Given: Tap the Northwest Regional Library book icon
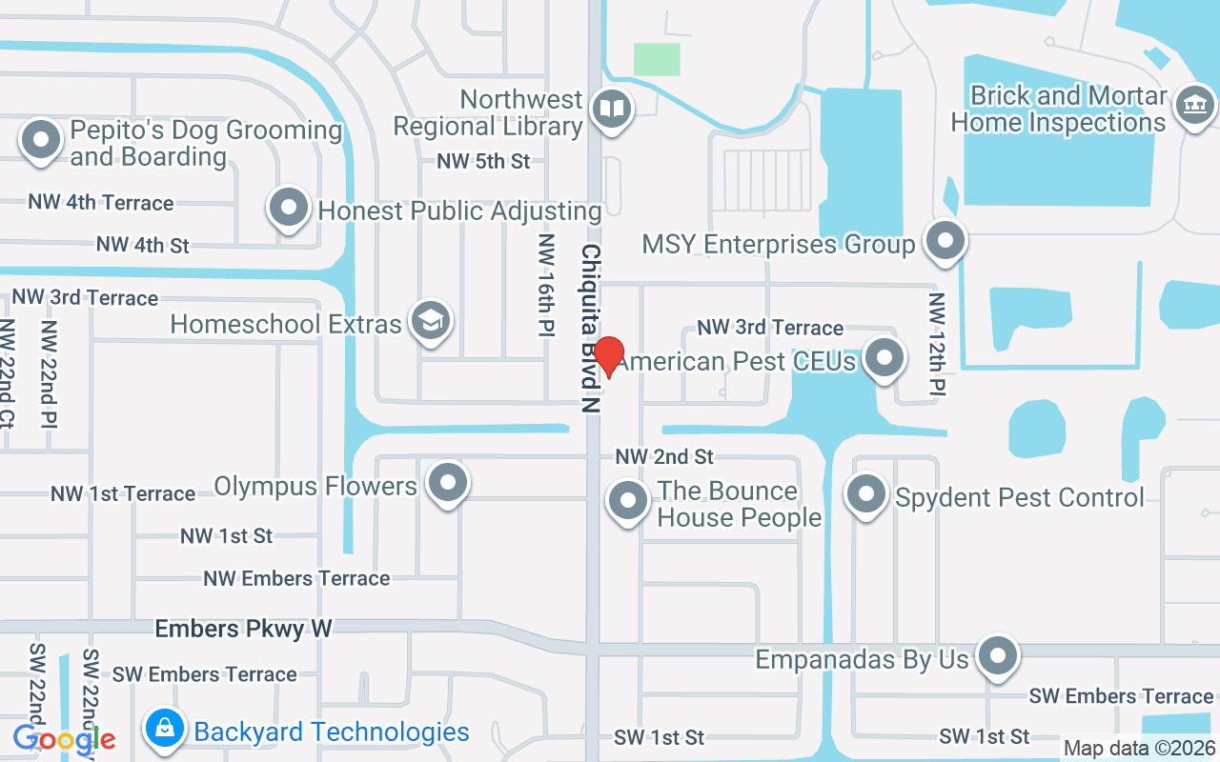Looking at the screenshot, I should pyautogui.click(x=611, y=110).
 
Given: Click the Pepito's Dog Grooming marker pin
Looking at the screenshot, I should pyautogui.click(x=41, y=140).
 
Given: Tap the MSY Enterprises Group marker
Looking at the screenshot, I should pyautogui.click(x=945, y=241).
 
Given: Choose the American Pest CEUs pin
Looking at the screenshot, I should pyautogui.click(x=885, y=358).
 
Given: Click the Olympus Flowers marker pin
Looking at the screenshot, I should pyautogui.click(x=447, y=483).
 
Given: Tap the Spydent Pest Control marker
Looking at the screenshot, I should pyautogui.click(x=866, y=494).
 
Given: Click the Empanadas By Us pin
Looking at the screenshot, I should pyautogui.click(x=998, y=655).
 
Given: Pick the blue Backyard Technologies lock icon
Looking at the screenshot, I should pyautogui.click(x=165, y=729).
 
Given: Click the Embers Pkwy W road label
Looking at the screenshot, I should pyautogui.click(x=243, y=629).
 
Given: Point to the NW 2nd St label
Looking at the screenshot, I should pyautogui.click(x=664, y=457).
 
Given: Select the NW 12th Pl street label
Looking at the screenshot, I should pyautogui.click(x=938, y=345).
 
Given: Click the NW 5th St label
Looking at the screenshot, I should pyautogui.click(x=483, y=161).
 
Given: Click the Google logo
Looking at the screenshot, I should pyautogui.click(x=64, y=738).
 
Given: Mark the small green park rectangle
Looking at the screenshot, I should pyautogui.click(x=657, y=59).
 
